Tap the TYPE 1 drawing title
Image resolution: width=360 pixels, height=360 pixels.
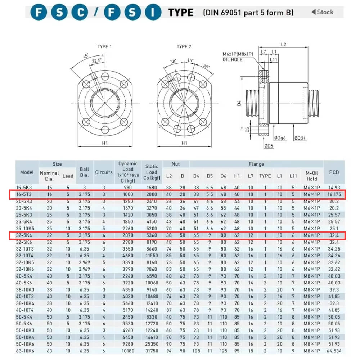tap(104, 47)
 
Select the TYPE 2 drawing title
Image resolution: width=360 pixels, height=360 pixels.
tap(184, 47)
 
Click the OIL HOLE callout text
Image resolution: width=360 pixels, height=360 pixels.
tap(233, 59)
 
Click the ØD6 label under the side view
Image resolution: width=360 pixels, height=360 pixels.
tap(269, 145)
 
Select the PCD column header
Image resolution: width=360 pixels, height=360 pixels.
tap(334, 172)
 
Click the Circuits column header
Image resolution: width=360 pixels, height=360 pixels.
tap(104, 172)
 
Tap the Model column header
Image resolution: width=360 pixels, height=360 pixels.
tap(27, 172)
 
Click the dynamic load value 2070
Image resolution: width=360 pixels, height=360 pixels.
tap(128, 235)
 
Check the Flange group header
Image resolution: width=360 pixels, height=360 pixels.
tap(256, 164)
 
